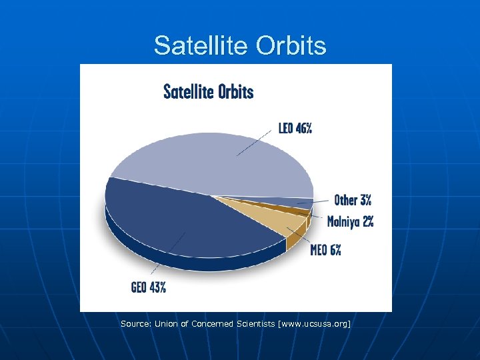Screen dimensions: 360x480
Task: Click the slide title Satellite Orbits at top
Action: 240,45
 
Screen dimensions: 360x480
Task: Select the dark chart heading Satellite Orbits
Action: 209,91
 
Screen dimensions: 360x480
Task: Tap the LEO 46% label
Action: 295,129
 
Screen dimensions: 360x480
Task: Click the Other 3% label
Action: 353,200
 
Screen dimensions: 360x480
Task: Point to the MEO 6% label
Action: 325,251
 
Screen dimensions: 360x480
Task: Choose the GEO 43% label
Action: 149,287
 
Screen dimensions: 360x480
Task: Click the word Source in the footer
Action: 135,323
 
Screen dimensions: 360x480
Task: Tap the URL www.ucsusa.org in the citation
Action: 314,323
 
